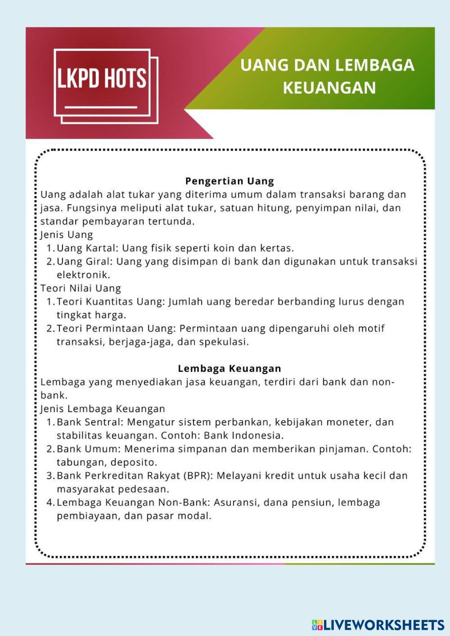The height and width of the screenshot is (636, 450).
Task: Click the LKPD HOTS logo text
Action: coord(102,78)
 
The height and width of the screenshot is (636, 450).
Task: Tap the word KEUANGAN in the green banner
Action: coord(329,87)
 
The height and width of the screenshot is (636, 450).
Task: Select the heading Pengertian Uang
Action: coord(229,181)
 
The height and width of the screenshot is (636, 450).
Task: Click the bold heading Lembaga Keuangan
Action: coord(229,368)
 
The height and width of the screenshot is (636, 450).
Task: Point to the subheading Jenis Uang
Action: coord(67,235)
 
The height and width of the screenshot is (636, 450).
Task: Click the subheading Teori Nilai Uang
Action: coord(81,288)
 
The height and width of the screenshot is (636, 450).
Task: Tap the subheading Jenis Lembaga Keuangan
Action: coord(103,409)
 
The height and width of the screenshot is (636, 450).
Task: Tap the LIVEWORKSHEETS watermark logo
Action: coord(378,625)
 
